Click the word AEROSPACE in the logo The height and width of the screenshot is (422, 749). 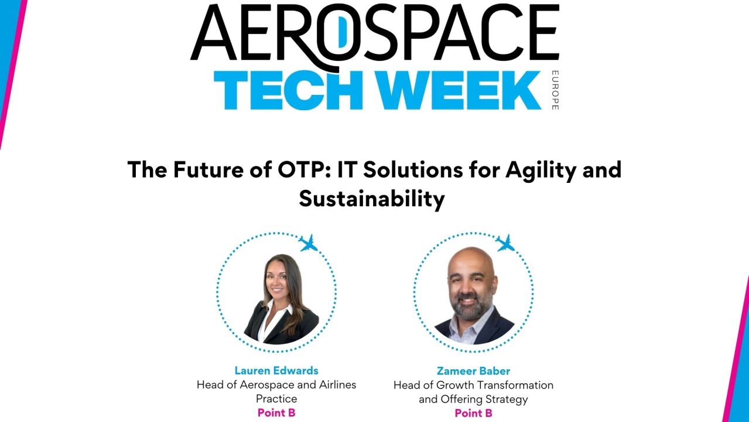pyautogui.click(x=375, y=33)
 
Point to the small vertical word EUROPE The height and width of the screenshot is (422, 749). pyautogui.click(x=555, y=90)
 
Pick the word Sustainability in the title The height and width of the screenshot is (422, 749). pyautogui.click(x=372, y=199)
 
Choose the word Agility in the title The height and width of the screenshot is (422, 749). pyautogui.click(x=527, y=170)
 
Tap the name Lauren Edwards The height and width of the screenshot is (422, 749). pyautogui.click(x=276, y=370)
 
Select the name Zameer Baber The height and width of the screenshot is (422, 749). pyautogui.click(x=473, y=370)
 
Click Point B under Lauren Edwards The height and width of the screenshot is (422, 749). pyautogui.click(x=276, y=413)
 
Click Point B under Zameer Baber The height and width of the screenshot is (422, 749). pyautogui.click(x=473, y=413)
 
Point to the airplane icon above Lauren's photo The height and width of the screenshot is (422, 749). pyautogui.click(x=308, y=242)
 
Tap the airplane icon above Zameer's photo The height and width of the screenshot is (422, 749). pyautogui.click(x=505, y=242)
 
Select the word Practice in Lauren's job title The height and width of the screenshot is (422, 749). pyautogui.click(x=276, y=399)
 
